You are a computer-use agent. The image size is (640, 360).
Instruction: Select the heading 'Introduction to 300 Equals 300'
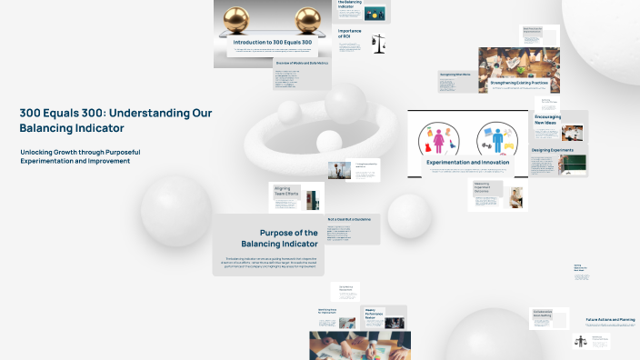(x=274, y=43)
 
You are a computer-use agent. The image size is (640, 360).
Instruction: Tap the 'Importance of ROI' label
(x=350, y=33)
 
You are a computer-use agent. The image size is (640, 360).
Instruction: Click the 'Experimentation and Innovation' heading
(x=467, y=162)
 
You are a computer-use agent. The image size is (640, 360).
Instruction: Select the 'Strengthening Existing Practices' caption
(x=518, y=82)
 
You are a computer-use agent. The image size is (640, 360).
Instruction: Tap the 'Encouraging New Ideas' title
(x=548, y=120)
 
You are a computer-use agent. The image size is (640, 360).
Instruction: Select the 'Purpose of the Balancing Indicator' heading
(x=280, y=238)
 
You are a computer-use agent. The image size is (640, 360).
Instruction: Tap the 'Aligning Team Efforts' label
(x=286, y=195)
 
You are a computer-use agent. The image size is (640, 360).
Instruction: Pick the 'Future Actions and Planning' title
(x=610, y=319)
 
